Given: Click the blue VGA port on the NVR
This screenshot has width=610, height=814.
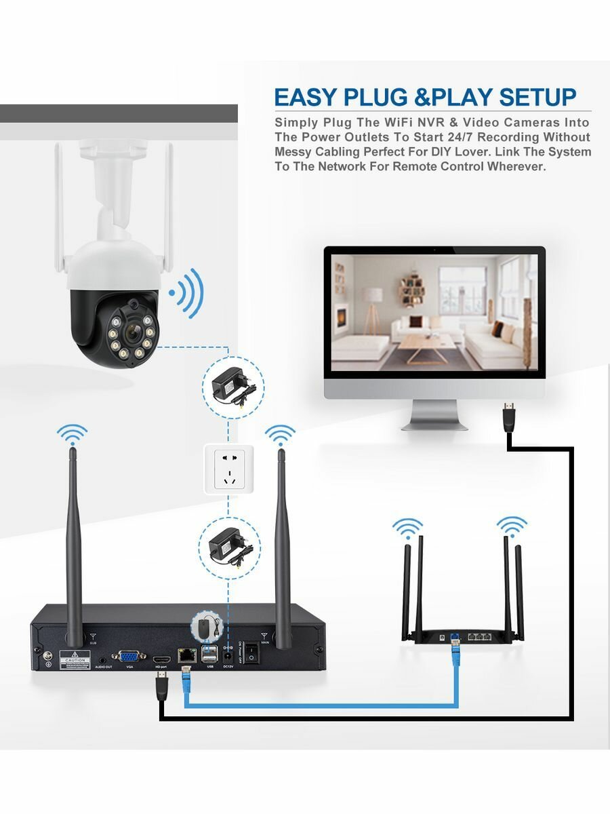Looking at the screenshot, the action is coord(127,657).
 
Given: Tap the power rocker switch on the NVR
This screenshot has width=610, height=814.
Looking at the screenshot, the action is coord(252,654).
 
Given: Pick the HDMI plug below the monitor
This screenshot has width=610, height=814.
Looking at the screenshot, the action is coord(508,414).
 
